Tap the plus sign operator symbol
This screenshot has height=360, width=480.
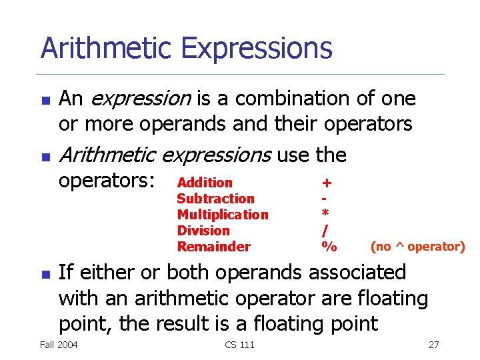coord(327,183)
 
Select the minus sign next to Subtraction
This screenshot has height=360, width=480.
coord(324,199)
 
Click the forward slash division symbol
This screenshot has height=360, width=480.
coord(325,231)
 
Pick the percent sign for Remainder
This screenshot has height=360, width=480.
coord(329,247)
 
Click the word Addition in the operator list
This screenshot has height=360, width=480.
coord(205,183)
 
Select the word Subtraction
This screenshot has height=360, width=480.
coord(215,199)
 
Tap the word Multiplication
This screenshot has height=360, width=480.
coord(223,215)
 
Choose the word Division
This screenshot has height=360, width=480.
coord(203,231)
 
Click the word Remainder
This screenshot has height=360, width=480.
coord(213,247)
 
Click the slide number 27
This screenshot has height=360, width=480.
coord(433,344)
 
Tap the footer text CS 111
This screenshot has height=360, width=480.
coord(239,344)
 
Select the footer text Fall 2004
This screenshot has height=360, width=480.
coord(59,344)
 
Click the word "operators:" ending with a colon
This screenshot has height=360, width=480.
coord(107,181)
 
